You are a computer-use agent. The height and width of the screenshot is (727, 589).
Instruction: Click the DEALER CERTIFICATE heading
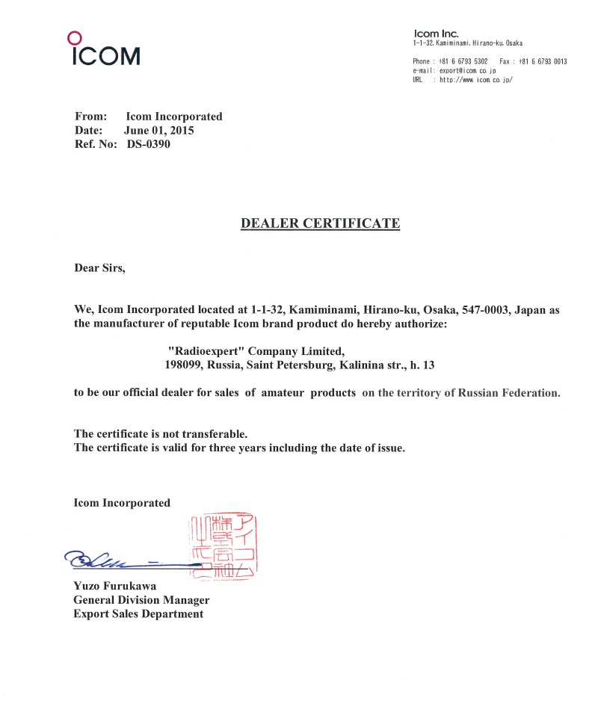[x=320, y=223]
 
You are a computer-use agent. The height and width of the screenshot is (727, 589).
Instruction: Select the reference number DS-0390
[x=149, y=144]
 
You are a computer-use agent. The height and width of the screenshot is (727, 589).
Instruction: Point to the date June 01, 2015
[x=158, y=131]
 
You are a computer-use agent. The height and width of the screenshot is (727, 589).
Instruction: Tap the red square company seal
[x=224, y=546]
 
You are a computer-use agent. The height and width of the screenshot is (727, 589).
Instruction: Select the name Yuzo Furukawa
[x=115, y=586]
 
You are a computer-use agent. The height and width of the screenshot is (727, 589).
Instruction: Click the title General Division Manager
[x=141, y=600]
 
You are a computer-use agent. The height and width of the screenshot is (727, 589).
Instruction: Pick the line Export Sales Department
[x=138, y=614]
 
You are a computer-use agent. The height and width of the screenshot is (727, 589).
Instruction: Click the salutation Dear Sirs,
[x=99, y=267]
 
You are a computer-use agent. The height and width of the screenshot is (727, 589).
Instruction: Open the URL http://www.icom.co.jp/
[x=475, y=79]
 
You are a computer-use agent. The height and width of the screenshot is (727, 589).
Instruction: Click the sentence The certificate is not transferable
[x=161, y=433]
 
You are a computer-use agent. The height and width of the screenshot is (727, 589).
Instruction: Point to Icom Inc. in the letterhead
[x=436, y=34]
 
